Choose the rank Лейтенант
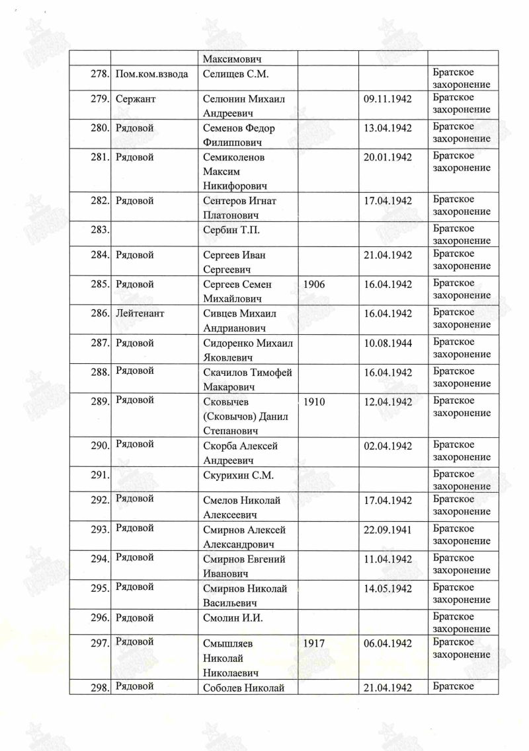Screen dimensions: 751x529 pyautogui.click(x=140, y=313)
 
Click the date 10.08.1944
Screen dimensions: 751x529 pyautogui.click(x=387, y=343)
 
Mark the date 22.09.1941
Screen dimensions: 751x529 pyautogui.click(x=387, y=530)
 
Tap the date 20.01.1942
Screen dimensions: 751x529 pyautogui.click(x=387, y=157)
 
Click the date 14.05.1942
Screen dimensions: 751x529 pyautogui.click(x=387, y=589)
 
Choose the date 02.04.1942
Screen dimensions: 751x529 pyautogui.click(x=387, y=447)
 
